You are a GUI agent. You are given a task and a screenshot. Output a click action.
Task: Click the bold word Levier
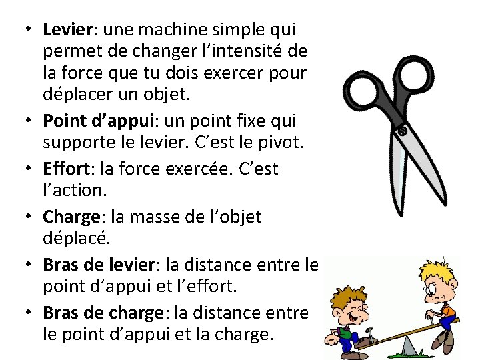pyautogui.click(x=63, y=30)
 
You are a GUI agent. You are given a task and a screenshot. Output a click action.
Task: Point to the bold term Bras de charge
pyautogui.click(x=103, y=313)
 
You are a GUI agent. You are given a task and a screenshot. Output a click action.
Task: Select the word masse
pyautogui.click(x=149, y=217)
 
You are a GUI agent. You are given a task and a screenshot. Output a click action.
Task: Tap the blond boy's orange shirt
pyautogui.click(x=448, y=311)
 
